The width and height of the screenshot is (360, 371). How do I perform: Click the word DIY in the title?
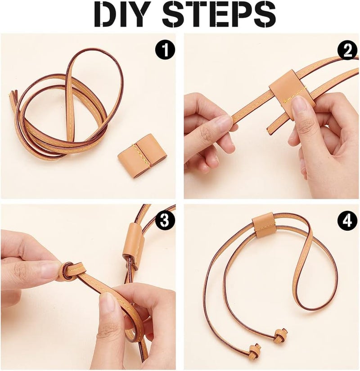coord(124,14)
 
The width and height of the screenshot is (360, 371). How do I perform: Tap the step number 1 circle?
coord(165,50)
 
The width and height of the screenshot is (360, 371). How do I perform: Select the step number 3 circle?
coord(165,221)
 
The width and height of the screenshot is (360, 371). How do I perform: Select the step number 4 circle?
coord(347,221)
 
